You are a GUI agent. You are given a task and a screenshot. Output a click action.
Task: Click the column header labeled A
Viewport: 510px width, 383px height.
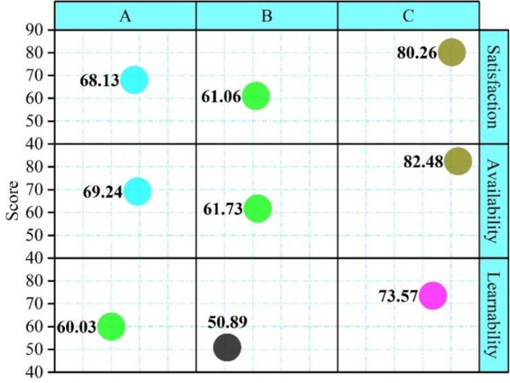pyautogui.click(x=125, y=16)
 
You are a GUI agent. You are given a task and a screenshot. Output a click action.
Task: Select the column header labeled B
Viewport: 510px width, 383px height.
pyautogui.click(x=267, y=16)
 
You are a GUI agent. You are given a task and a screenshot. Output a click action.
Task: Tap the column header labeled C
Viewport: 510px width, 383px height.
pyautogui.click(x=408, y=16)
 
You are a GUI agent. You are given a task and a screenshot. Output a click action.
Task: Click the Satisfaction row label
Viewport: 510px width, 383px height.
pyautogui.click(x=494, y=87)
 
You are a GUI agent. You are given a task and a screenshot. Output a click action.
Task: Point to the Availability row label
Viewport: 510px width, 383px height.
pyautogui.click(x=494, y=201)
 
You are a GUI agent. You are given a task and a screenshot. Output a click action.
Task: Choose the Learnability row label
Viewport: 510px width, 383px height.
pyautogui.click(x=494, y=315)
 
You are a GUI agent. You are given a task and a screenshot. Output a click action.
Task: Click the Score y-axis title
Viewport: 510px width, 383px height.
pyautogui.click(x=13, y=201)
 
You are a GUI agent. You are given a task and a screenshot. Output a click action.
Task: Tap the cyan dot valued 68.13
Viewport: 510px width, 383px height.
pyautogui.click(x=134, y=80)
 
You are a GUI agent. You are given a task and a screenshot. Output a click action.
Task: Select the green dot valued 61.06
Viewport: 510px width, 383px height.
pyautogui.click(x=256, y=96)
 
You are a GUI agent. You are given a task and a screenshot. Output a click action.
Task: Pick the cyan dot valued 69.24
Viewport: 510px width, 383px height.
pyautogui.click(x=137, y=191)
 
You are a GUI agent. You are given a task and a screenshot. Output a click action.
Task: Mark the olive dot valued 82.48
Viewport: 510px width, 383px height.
pyautogui.click(x=458, y=161)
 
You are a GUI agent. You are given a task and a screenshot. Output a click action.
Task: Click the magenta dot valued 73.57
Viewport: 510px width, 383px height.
pyautogui.click(x=432, y=296)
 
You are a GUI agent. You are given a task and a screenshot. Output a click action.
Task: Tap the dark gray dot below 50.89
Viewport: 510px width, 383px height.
pyautogui.click(x=227, y=347)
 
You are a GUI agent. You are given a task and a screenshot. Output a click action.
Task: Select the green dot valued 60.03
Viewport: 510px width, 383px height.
pyautogui.click(x=111, y=327)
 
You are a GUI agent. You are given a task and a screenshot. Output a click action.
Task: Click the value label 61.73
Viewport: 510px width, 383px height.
pyautogui.click(x=221, y=209)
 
